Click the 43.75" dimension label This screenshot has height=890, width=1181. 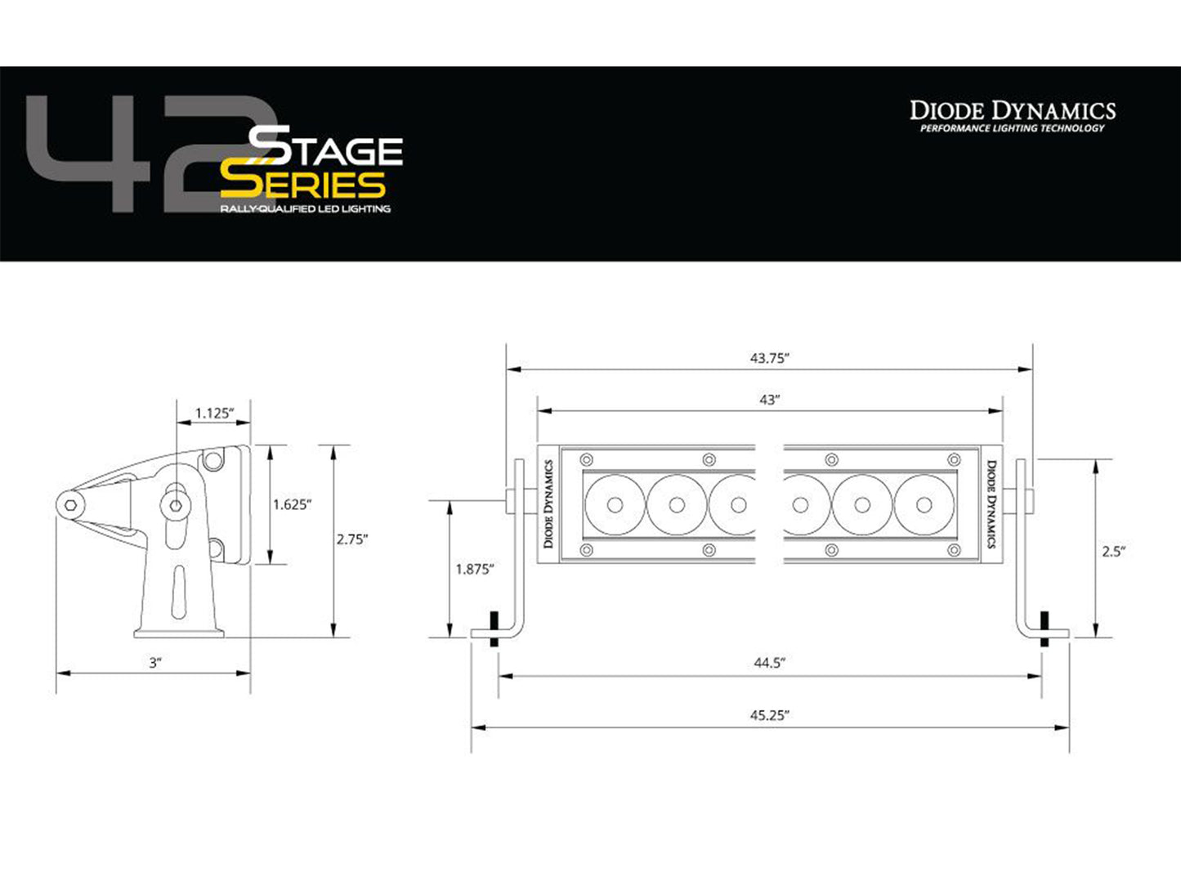coord(769,358)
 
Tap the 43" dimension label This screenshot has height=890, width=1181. coord(769,400)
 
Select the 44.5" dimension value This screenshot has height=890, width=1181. coord(769,663)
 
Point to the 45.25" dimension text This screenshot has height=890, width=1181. coord(769,715)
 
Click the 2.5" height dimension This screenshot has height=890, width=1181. coord(1113,552)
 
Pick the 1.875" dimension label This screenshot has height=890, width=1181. coord(474,569)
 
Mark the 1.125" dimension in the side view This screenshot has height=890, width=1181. coord(214,414)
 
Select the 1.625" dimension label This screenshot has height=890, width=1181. coord(292,504)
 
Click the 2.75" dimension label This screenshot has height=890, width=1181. coord(351,539)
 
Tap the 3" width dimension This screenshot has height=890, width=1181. coord(155,663)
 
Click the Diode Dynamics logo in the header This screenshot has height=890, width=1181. coord(1013,114)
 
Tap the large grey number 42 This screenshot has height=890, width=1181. coord(139,155)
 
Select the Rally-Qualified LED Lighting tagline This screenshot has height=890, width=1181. coord(305,209)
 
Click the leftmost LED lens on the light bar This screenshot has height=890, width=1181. coord(615,504)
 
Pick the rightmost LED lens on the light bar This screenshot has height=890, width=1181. coord(924,504)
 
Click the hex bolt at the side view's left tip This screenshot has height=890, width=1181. coord(72,504)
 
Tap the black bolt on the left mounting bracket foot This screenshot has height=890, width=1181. coord(493,629)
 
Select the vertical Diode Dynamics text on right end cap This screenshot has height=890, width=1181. coord(991,504)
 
